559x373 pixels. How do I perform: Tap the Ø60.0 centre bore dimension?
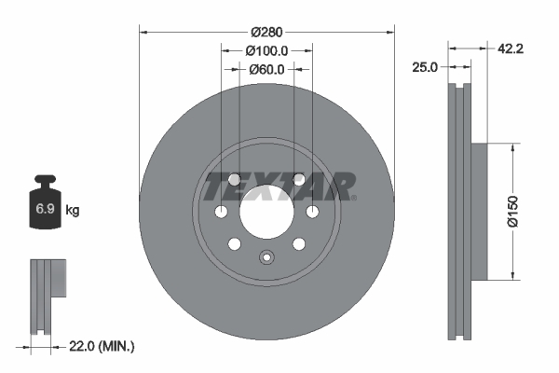click(x=266, y=68)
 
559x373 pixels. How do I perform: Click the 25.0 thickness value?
click(x=426, y=66)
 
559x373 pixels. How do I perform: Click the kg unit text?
click(x=72, y=211)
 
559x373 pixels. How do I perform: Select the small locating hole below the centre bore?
click(x=266, y=259)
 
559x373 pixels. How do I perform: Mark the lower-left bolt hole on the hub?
click(x=235, y=244)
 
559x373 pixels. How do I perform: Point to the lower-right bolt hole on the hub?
click(x=298, y=244)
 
